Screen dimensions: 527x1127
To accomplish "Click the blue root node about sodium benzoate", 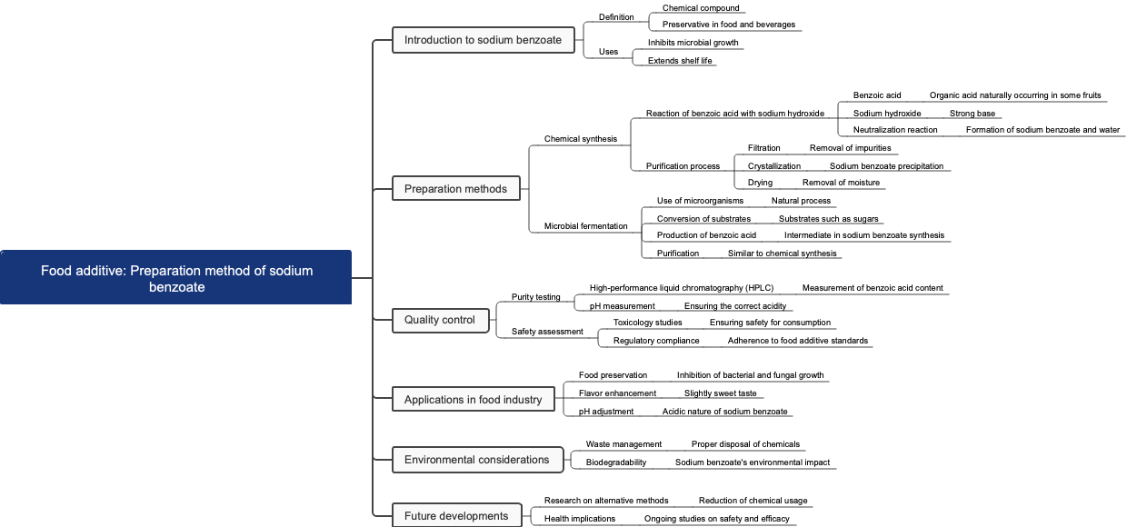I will click(x=175, y=277).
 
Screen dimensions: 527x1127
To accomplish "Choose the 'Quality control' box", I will click(x=440, y=319).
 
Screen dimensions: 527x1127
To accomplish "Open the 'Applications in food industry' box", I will click(x=473, y=399).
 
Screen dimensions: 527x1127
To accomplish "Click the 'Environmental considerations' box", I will click(x=476, y=459).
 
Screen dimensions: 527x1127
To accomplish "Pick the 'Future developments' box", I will click(x=456, y=515).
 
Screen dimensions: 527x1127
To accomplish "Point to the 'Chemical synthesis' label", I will click(x=580, y=139).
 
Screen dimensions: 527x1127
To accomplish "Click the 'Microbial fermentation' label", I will click(x=585, y=225).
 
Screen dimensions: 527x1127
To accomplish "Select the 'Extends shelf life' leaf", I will click(x=680, y=61).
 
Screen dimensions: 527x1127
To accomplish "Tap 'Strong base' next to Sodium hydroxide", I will click(x=972, y=114).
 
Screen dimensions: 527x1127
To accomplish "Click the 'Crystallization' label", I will click(x=773, y=166).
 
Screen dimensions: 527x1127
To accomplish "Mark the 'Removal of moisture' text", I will click(x=841, y=183).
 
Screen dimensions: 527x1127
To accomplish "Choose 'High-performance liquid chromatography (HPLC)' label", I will click(x=681, y=288).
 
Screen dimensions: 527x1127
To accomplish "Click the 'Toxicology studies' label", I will click(x=647, y=323).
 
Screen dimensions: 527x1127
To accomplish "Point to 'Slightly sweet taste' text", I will click(x=720, y=393).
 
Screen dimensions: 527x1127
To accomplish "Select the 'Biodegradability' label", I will click(x=615, y=462).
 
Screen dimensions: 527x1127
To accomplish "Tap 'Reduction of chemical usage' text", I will click(x=753, y=501).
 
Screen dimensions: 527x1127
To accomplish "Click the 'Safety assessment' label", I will click(x=547, y=332).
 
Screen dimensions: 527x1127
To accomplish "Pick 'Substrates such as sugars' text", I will click(x=828, y=219).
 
